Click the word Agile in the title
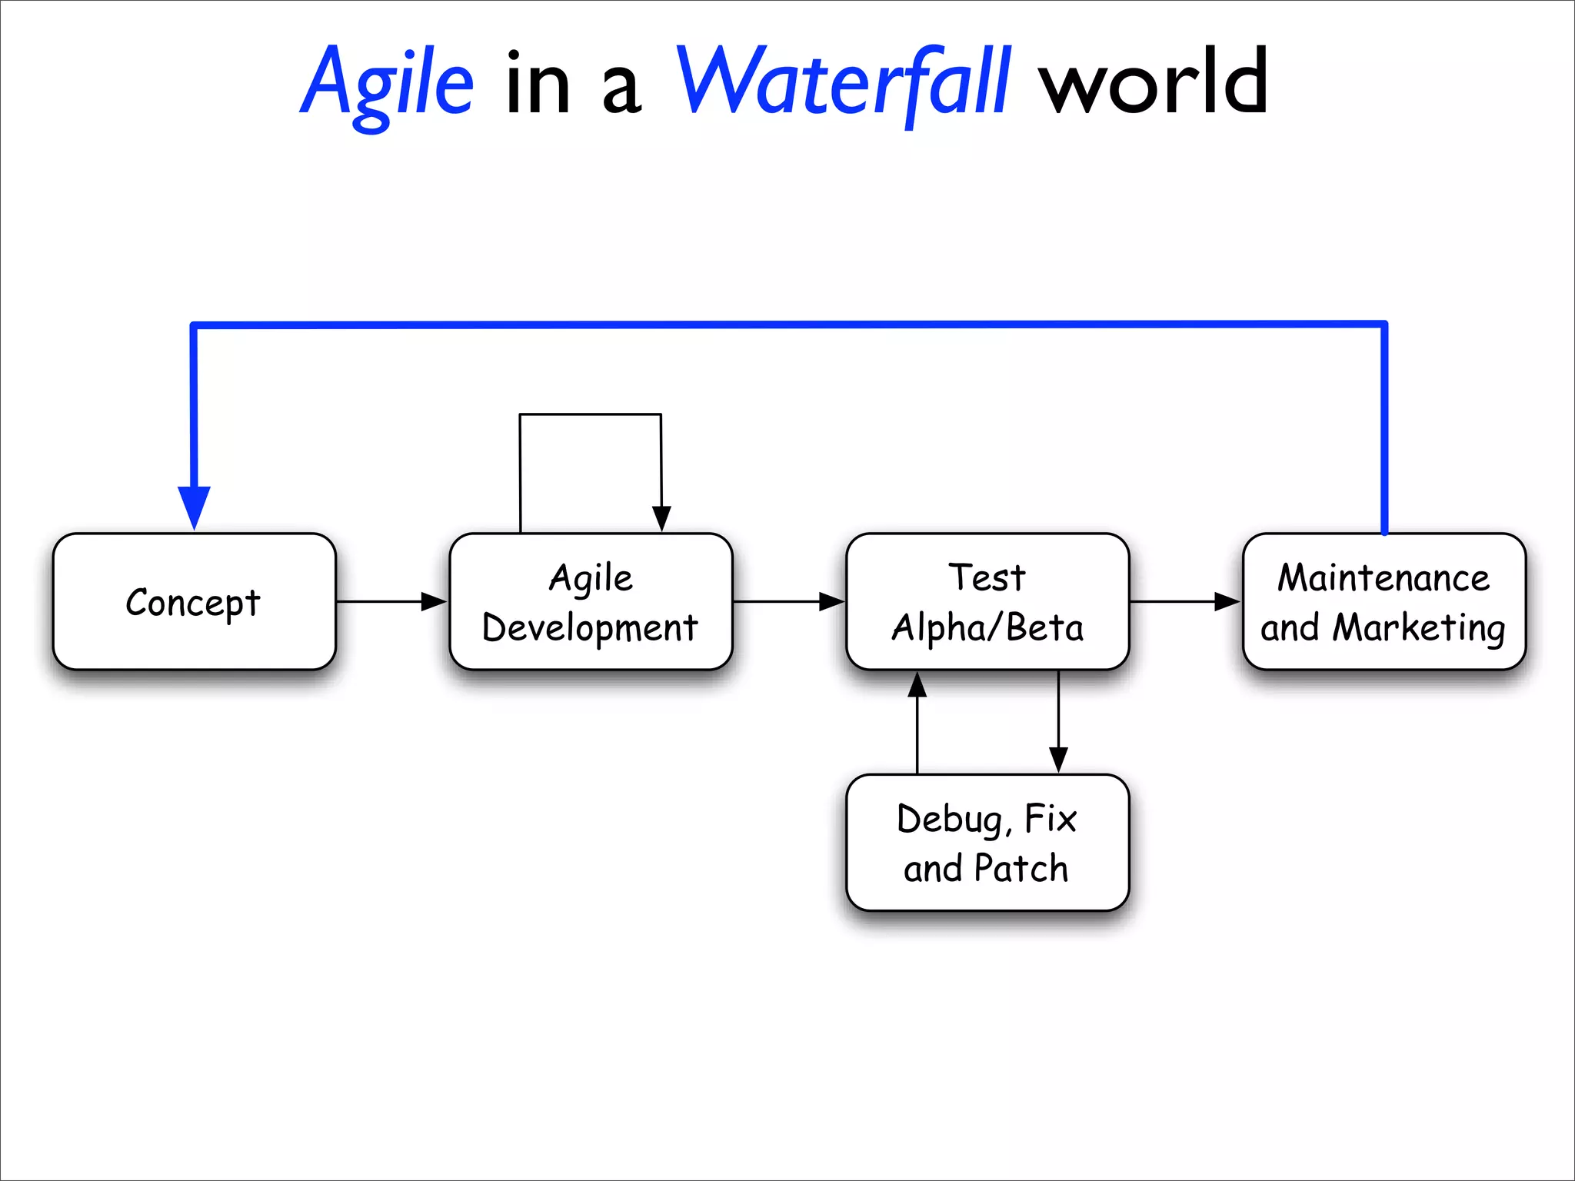[387, 83]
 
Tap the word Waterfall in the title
[843, 83]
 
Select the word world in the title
[1153, 83]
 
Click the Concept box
[194, 602]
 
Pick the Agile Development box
[591, 602]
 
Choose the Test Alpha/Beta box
[987, 602]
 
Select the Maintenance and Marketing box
[1384, 602]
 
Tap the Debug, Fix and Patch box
[987, 843]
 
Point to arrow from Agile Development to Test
[788, 602]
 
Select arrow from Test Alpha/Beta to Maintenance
[1184, 602]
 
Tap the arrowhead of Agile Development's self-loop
[661, 518]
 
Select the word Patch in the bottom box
[1021, 869]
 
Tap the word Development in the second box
[591, 628]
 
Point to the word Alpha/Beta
[987, 628]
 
